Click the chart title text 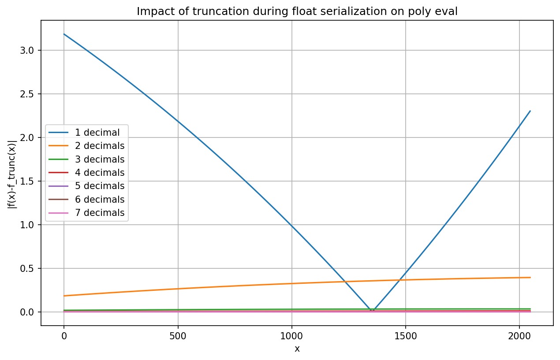coord(297,11)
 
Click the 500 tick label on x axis coord(178,337)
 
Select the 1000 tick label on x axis coord(291,337)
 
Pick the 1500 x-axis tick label coord(406,337)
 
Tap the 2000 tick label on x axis coord(519,337)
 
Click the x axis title coord(297,349)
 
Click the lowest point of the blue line coord(373,311)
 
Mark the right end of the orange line coord(530,277)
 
